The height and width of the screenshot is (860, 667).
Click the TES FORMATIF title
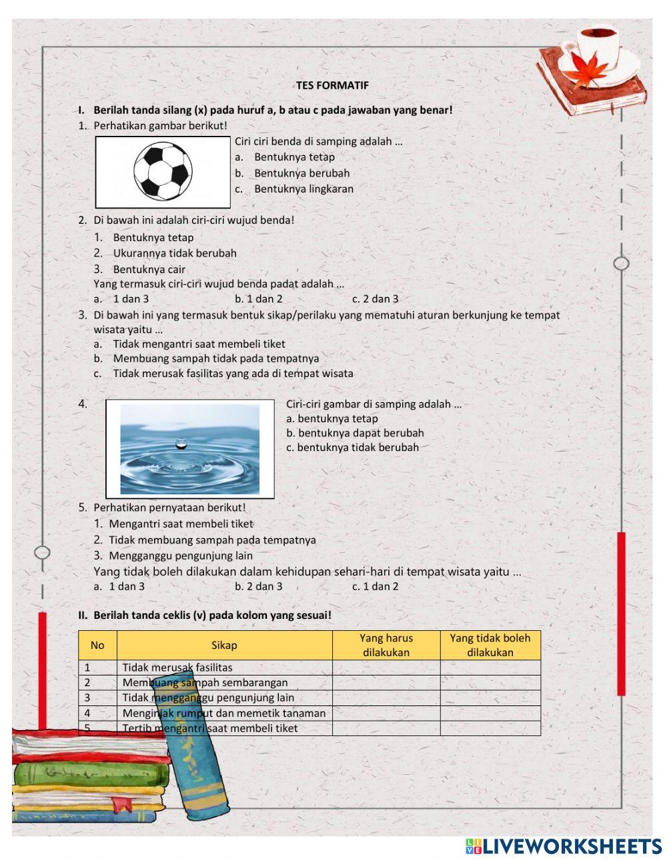331,85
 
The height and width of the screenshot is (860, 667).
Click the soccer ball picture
163,172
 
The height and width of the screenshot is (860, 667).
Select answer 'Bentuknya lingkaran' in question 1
303,189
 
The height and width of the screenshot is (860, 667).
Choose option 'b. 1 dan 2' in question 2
259,299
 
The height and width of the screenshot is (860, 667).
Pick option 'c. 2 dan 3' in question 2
375,299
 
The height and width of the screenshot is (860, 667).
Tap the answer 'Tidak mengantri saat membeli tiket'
199,344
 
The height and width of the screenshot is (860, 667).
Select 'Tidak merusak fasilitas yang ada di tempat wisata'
233,373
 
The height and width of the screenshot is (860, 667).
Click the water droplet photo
190,449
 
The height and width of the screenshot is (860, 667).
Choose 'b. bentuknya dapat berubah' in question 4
355,433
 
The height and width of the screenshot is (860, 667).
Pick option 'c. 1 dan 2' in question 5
375,586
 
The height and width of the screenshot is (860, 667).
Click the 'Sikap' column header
224,645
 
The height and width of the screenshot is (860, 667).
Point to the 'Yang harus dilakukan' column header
386,645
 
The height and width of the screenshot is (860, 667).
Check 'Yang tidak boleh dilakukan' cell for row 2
490,682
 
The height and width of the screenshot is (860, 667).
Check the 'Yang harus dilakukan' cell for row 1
386,667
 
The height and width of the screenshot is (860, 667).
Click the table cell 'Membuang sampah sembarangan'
205,682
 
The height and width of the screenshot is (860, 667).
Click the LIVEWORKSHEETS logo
564,846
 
